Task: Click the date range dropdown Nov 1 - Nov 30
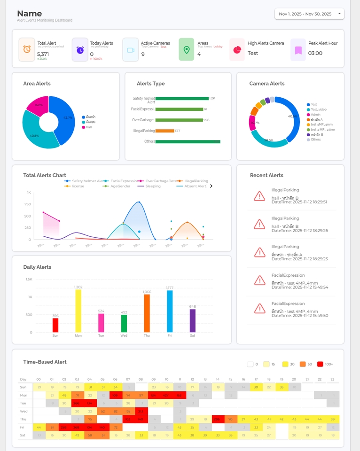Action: (309, 14)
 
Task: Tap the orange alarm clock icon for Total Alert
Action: (27, 50)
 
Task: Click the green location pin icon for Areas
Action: (186, 50)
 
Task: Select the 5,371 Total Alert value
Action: (43, 54)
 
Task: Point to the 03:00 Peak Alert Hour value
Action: (315, 53)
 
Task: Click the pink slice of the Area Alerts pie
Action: (38, 106)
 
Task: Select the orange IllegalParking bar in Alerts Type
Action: (164, 131)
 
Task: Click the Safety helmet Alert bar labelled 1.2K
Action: (182, 98)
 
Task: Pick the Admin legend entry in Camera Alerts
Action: (315, 115)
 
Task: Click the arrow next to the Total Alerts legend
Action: (211, 186)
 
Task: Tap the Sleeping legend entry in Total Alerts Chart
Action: (152, 186)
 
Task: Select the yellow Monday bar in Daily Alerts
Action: (78, 311)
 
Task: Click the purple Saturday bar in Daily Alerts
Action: (192, 320)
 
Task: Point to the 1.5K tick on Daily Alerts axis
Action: (29, 279)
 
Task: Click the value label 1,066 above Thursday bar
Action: (147, 292)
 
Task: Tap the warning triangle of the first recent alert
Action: (259, 196)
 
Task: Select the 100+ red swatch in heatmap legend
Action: (321, 364)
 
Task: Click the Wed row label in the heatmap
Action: (23, 411)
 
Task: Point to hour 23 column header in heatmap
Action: (332, 379)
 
